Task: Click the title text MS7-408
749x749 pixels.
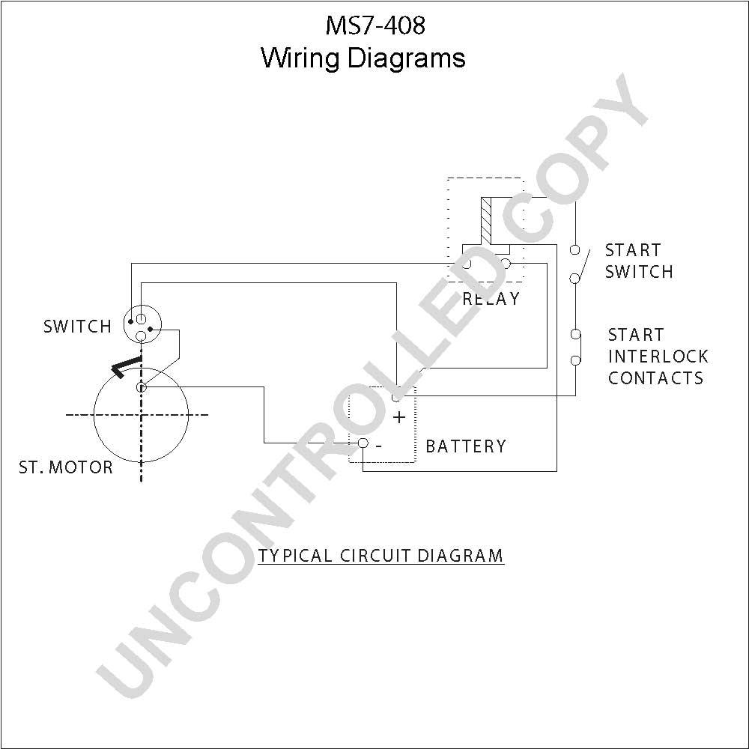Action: click(x=375, y=25)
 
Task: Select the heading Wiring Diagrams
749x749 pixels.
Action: click(x=363, y=58)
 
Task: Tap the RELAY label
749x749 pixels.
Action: click(x=491, y=299)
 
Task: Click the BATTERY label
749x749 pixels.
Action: click(x=466, y=446)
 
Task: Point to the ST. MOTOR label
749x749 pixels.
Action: click(x=66, y=467)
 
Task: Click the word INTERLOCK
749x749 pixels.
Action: click(x=658, y=357)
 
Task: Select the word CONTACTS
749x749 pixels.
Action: click(x=656, y=377)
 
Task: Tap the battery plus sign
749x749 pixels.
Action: click(x=399, y=417)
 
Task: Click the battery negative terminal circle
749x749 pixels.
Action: click(x=363, y=443)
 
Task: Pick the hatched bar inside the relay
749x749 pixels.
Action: click(x=486, y=219)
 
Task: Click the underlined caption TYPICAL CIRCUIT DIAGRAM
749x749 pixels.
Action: click(x=380, y=556)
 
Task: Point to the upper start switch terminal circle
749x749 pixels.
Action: click(x=575, y=249)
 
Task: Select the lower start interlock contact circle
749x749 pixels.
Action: click(x=576, y=360)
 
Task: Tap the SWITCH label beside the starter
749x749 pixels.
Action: click(x=77, y=327)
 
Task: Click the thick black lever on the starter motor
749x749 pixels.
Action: click(x=126, y=367)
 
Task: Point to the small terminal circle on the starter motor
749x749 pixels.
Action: click(x=141, y=387)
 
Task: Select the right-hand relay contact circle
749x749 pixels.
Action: click(x=506, y=264)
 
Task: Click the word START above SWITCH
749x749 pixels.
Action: click(x=633, y=250)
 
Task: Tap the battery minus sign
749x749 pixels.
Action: click(x=378, y=446)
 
